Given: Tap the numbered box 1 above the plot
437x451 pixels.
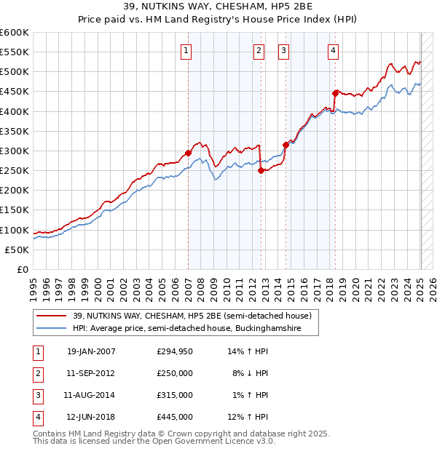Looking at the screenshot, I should tap(187, 50).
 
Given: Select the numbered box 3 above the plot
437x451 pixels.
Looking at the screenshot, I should tap(283, 50).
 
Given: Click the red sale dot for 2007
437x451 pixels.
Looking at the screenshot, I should tap(188, 153).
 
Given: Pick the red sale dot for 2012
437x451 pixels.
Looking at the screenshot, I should tap(261, 171).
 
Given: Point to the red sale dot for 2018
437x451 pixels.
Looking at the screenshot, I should tap(335, 93).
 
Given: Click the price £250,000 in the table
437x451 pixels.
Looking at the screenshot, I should tap(174, 372).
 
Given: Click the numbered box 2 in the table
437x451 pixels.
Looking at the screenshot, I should tap(36, 372).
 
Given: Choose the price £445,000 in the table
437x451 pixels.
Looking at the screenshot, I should tap(174, 417).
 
